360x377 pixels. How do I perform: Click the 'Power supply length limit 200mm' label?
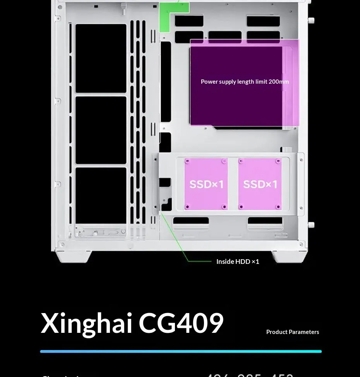point(245,82)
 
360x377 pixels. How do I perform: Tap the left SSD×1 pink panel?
point(206,184)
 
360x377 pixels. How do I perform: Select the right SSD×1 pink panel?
point(260,184)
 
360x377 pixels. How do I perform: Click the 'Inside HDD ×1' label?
point(238,262)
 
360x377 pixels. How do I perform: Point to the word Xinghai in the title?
point(87,323)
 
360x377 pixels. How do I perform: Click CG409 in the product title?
point(181,323)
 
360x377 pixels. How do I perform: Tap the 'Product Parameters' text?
point(293,332)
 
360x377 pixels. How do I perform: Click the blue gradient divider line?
point(181,351)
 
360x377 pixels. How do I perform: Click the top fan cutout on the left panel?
point(101,58)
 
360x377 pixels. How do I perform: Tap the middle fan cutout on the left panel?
point(101,130)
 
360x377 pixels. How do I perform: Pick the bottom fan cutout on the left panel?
point(101,196)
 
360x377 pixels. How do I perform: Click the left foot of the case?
point(73,256)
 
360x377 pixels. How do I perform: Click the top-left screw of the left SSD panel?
point(187,161)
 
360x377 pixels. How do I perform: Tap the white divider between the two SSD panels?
point(233,184)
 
